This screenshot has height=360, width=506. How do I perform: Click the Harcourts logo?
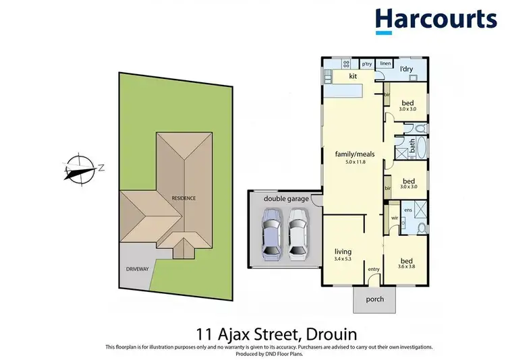tap(435, 20)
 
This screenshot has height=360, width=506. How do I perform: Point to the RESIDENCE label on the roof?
tap(183, 198)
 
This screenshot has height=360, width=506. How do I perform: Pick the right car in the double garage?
tap(298, 233)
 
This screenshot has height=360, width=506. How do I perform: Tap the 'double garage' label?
tap(286, 199)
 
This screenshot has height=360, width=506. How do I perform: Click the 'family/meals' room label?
tap(355, 153)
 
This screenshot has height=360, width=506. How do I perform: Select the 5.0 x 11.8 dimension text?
tap(355, 161)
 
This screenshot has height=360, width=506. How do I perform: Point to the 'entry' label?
tap(374, 270)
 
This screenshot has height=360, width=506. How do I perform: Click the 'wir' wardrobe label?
tap(394, 218)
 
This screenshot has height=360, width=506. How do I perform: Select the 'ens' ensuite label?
tap(409, 210)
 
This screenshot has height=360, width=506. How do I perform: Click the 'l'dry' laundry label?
tap(406, 69)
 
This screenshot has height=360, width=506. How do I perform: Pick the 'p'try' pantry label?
tap(367, 64)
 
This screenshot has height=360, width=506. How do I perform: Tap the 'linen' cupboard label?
tap(385, 63)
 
